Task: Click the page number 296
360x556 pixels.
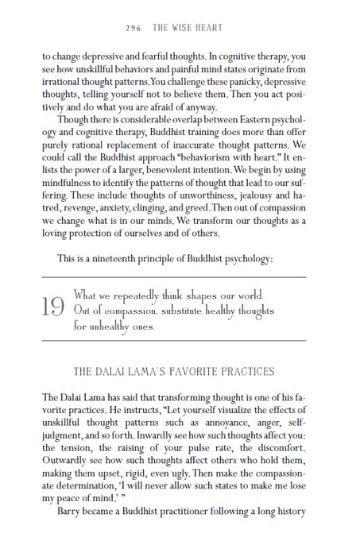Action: tap(134, 29)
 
